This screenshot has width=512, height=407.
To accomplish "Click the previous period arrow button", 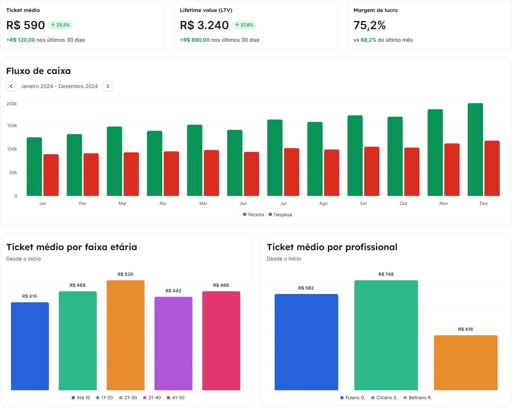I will (x=11, y=86).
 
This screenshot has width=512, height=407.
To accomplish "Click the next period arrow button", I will (x=108, y=86).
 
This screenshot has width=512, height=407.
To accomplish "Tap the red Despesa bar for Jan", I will (x=51, y=175).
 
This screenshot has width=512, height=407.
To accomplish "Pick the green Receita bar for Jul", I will (x=275, y=158).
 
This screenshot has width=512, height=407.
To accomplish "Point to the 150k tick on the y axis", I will (x=12, y=126).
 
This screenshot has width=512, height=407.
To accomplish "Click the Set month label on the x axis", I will (x=363, y=203).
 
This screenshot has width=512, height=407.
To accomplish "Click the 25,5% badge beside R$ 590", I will (x=61, y=25).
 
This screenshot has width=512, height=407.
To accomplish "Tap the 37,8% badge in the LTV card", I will (x=244, y=25).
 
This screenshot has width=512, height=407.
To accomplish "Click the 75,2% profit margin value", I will (x=369, y=25).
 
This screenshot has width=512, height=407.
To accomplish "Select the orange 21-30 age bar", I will (x=125, y=335).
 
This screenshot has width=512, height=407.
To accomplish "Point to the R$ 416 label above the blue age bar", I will (x=30, y=296).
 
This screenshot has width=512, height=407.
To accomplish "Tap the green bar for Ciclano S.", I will (x=386, y=335).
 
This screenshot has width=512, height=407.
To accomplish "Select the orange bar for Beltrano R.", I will (x=465, y=362).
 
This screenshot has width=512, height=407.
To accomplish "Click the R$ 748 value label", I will (x=386, y=274).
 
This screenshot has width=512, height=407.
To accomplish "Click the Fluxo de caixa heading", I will (x=38, y=71).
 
